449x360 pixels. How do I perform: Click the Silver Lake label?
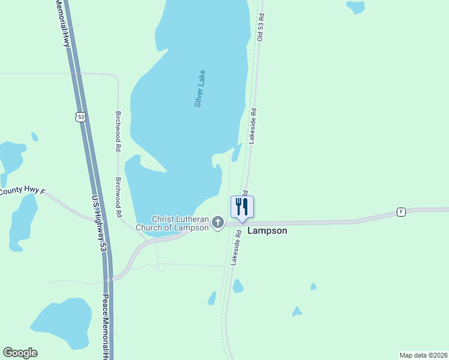[200, 89]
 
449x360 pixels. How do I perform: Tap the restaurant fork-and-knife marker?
[242, 207]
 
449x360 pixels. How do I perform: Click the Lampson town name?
[267, 230]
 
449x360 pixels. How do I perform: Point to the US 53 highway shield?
[81, 116]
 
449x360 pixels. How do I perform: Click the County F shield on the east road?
[400, 212]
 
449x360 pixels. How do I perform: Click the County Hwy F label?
[23, 191]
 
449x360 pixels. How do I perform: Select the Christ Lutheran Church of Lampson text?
[180, 223]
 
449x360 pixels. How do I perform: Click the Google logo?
[20, 353]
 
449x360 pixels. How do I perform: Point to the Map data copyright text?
[424, 355]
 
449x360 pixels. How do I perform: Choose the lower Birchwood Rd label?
[119, 197]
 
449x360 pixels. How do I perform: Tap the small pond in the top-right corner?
[356, 7]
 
